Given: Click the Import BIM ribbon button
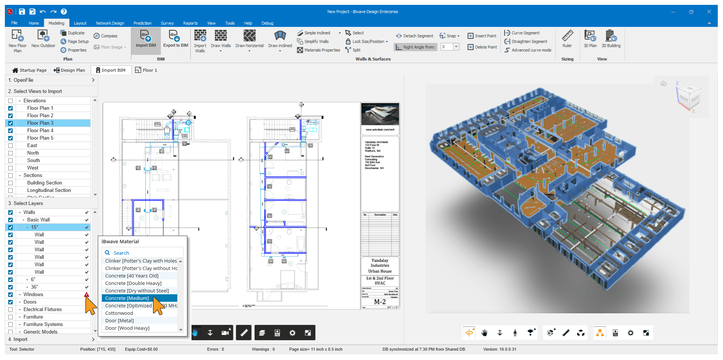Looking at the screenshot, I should pyautogui.click(x=146, y=39).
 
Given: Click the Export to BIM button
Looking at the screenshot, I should pyautogui.click(x=175, y=39).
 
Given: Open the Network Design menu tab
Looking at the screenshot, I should pyautogui.click(x=110, y=23).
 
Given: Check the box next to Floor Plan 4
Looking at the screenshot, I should pyautogui.click(x=10, y=131).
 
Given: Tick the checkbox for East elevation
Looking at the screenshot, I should pyautogui.click(x=10, y=146).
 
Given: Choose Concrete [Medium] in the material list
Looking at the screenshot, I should pyautogui.click(x=127, y=298).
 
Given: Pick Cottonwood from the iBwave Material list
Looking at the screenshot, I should pyautogui.click(x=119, y=313).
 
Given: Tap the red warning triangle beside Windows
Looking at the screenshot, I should pyautogui.click(x=87, y=295).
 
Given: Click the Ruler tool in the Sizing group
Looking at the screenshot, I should pyautogui.click(x=567, y=39).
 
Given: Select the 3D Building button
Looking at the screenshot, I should pyautogui.click(x=611, y=39).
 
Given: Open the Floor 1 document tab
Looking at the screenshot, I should pyautogui.click(x=146, y=70).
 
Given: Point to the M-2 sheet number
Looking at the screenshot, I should pyautogui.click(x=380, y=302).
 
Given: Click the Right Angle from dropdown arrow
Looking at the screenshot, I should pyautogui.click(x=456, y=47).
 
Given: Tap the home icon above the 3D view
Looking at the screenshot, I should pyautogui.click(x=663, y=84).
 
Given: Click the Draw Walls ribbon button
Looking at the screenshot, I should pyautogui.click(x=221, y=39).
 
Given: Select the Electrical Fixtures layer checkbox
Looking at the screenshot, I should pyautogui.click(x=10, y=310).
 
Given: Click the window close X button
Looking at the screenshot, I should pyautogui.click(x=709, y=12).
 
